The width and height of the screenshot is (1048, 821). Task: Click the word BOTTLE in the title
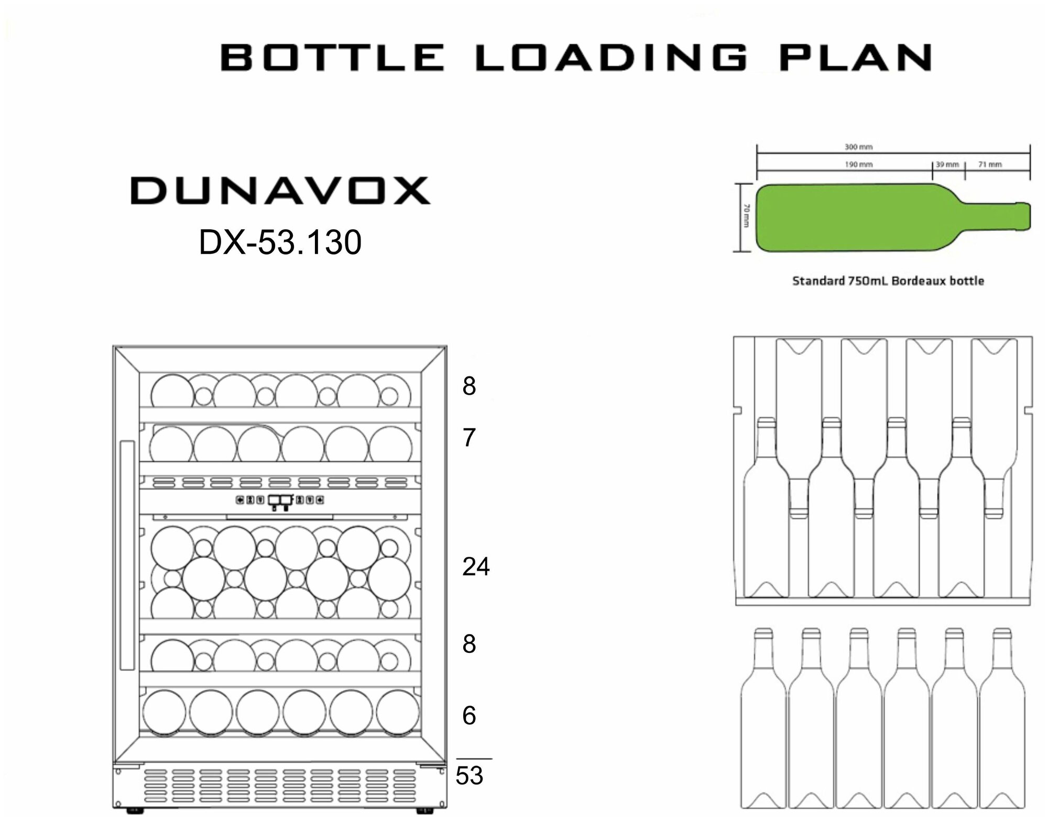pyautogui.click(x=332, y=57)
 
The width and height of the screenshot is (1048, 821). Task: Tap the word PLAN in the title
pyautogui.click(x=856, y=57)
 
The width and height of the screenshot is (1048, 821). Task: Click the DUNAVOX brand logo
pyautogui.click(x=280, y=191)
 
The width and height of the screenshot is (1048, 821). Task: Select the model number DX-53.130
pyautogui.click(x=280, y=242)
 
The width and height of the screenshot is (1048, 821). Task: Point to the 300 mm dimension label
pyautogui.click(x=858, y=147)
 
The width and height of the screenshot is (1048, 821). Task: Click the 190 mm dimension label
pyautogui.click(x=858, y=164)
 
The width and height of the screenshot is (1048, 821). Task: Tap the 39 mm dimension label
pyautogui.click(x=947, y=164)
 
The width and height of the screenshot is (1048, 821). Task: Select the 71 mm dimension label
pyautogui.click(x=990, y=164)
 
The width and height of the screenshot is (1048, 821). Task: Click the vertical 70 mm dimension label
pyautogui.click(x=746, y=215)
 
